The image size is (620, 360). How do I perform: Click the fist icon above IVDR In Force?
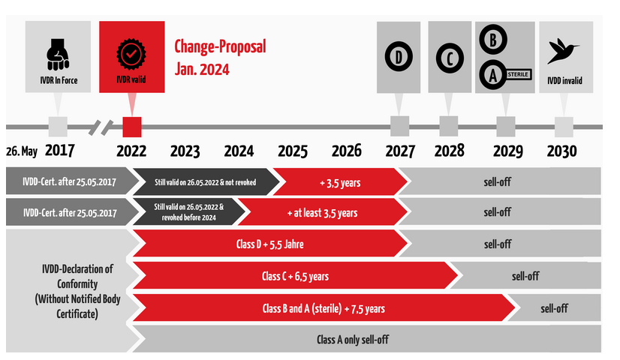(x=58, y=54)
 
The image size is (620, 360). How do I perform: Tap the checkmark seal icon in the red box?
(x=131, y=54)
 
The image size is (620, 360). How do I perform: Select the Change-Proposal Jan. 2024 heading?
(x=220, y=58)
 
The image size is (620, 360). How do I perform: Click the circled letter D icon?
(x=399, y=57)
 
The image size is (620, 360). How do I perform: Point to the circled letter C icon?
(x=450, y=58)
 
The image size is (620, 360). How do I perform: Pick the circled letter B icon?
(x=493, y=40)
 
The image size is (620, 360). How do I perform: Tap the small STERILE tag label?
(x=518, y=74)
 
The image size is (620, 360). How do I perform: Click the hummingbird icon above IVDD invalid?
(x=563, y=51)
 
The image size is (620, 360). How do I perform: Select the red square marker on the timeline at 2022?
(x=132, y=127)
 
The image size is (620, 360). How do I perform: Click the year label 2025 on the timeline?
(x=293, y=151)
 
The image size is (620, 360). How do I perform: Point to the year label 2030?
(x=562, y=151)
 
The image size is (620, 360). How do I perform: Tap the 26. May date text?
(x=22, y=151)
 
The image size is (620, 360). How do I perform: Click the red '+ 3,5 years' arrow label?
(x=340, y=183)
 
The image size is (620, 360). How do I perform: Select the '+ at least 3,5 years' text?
(x=322, y=213)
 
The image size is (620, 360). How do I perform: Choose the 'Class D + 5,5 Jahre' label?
(x=270, y=244)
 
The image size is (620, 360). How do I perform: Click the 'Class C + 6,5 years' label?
(x=295, y=276)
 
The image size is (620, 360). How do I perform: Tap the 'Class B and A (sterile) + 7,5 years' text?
(x=324, y=309)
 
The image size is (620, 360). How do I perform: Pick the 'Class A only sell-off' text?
(x=353, y=340)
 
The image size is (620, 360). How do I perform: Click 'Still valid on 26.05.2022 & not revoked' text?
(x=205, y=182)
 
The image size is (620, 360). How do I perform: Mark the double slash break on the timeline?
(x=101, y=127)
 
